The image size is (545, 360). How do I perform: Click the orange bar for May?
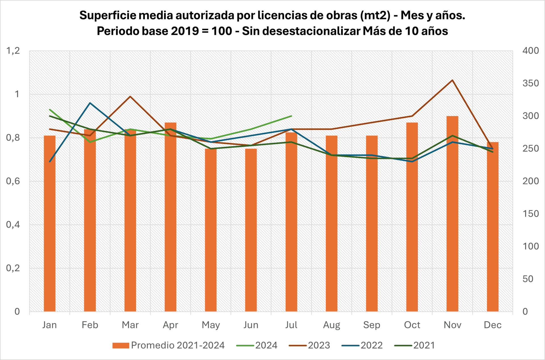pyautogui.click(x=211, y=230)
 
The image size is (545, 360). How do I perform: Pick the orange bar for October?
pyautogui.click(x=412, y=217)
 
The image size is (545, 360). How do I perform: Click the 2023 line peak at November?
pyautogui.click(x=452, y=80)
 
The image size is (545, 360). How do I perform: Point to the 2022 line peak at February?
pyautogui.click(x=90, y=103)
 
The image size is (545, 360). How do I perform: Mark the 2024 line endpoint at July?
pyautogui.click(x=291, y=116)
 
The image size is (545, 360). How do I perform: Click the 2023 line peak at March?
pyautogui.click(x=130, y=97)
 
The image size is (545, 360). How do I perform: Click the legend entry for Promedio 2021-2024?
pyautogui.click(x=168, y=345)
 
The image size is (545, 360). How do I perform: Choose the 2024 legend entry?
pyautogui.click(x=257, y=345)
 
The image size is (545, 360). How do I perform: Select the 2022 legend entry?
pyautogui.click(x=362, y=345)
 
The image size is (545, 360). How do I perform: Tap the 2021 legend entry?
pyautogui.click(x=414, y=345)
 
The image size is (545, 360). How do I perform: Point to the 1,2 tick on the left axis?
pyautogui.click(x=13, y=51)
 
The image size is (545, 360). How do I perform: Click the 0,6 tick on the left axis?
pyautogui.click(x=13, y=181)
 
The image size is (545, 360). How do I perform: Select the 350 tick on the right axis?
pyautogui.click(x=530, y=83)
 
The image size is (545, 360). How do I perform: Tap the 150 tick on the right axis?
pyautogui.click(x=530, y=214)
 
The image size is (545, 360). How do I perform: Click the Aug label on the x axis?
pyautogui.click(x=331, y=325)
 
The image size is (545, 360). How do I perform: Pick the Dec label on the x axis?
pyautogui.click(x=492, y=325)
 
